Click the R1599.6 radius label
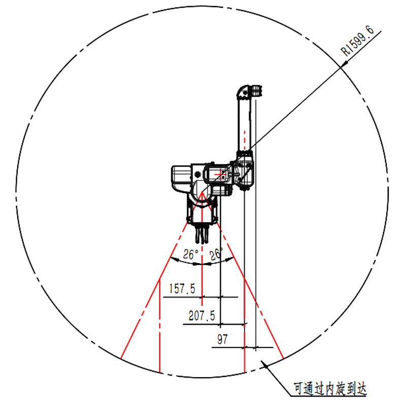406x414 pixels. pyautogui.click(x=357, y=41)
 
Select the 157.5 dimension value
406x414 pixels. pyautogui.click(x=182, y=289)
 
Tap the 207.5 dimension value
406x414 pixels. pyautogui.click(x=202, y=316)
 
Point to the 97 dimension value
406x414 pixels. pyautogui.click(x=222, y=340)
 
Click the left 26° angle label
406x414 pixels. pyautogui.click(x=190, y=254)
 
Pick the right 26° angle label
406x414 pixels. pyautogui.click(x=216, y=254)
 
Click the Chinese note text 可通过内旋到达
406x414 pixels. pyautogui.click(x=330, y=389)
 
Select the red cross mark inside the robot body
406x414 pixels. pyautogui.click(x=218, y=174)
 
